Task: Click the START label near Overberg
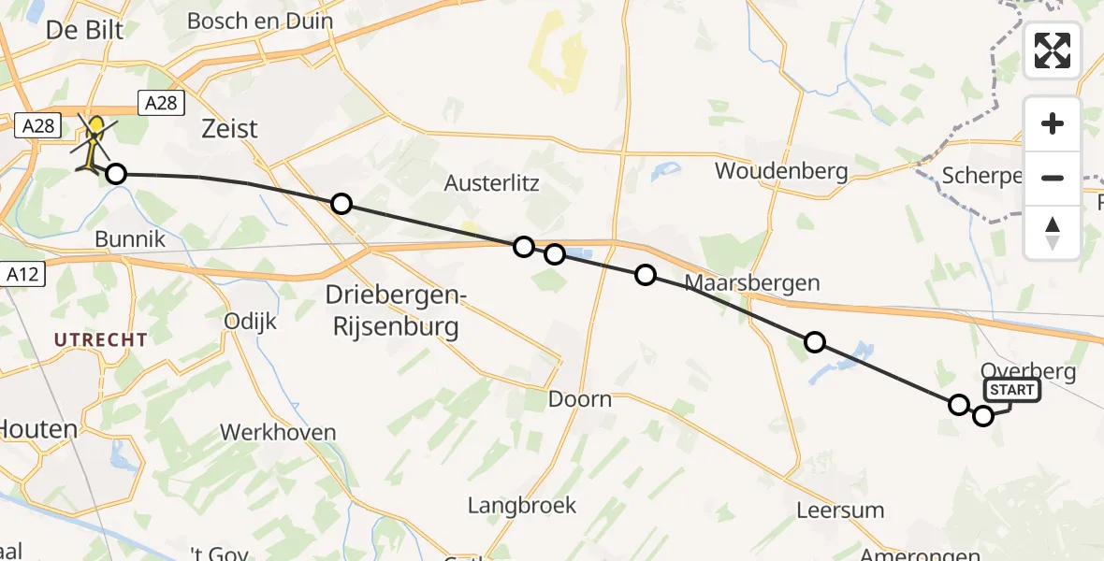tap(1011, 390)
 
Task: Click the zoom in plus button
tap(1053, 124)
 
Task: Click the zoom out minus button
tap(1053, 178)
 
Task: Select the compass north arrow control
tap(1053, 232)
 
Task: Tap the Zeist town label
tap(229, 128)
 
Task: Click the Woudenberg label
tap(781, 171)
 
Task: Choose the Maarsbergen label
tap(752, 282)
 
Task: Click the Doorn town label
tap(580, 399)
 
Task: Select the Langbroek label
tap(522, 506)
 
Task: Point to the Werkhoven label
tap(278, 432)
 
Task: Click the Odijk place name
tap(251, 321)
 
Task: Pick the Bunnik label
tap(130, 239)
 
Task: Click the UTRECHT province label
tap(101, 339)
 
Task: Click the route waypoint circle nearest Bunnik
tap(115, 174)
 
